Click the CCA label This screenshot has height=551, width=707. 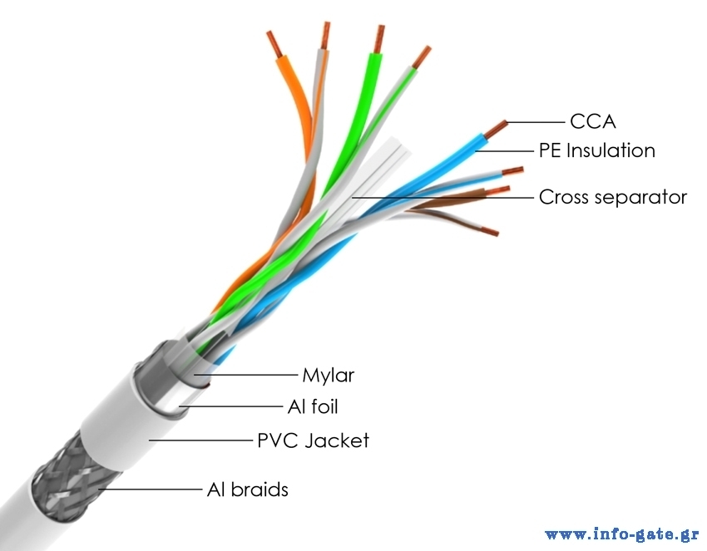(x=592, y=121)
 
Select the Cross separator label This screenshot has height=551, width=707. (x=613, y=197)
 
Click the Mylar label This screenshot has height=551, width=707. (x=328, y=375)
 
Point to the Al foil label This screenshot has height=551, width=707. (x=312, y=406)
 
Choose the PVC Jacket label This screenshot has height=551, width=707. (x=313, y=440)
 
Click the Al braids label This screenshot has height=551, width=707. (x=247, y=490)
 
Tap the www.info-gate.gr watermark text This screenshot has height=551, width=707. (x=621, y=534)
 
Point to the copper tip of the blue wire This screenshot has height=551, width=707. (x=497, y=129)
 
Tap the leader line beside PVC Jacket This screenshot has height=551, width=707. (x=200, y=440)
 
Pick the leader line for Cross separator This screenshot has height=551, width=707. (x=441, y=197)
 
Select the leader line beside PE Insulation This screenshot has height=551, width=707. (x=502, y=151)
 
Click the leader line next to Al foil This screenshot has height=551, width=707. (x=230, y=406)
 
